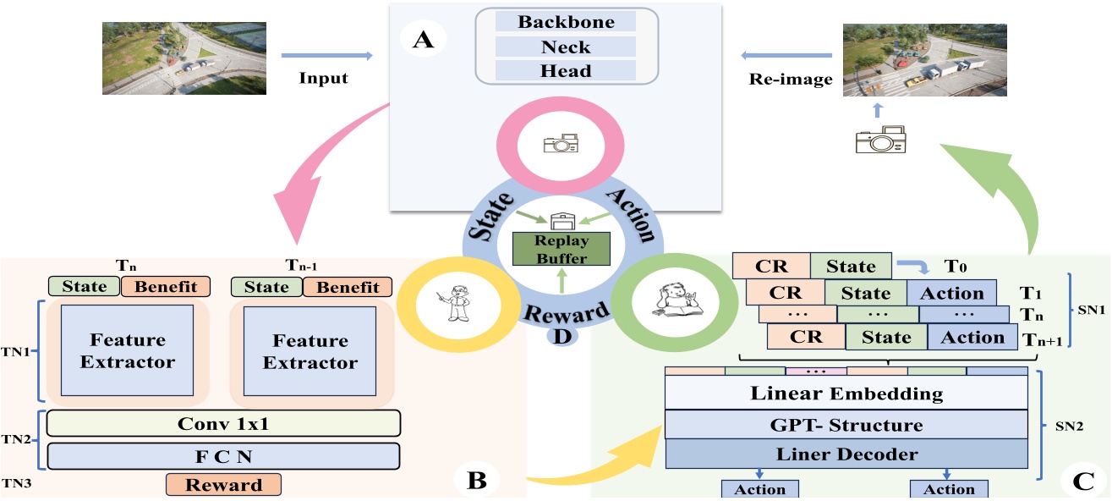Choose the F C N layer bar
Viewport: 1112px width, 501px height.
coord(223,455)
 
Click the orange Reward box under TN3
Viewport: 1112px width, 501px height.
coord(223,485)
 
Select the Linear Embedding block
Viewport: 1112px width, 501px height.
coord(846,394)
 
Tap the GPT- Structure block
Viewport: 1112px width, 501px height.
coord(846,425)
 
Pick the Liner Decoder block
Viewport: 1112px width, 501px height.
coord(846,454)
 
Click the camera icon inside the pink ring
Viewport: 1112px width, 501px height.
coord(561,144)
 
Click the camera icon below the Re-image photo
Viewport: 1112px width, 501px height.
coord(881,139)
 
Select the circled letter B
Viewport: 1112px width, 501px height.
coord(475,480)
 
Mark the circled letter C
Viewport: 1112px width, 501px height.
coord(1082,481)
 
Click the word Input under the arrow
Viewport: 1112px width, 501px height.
coord(324,79)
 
